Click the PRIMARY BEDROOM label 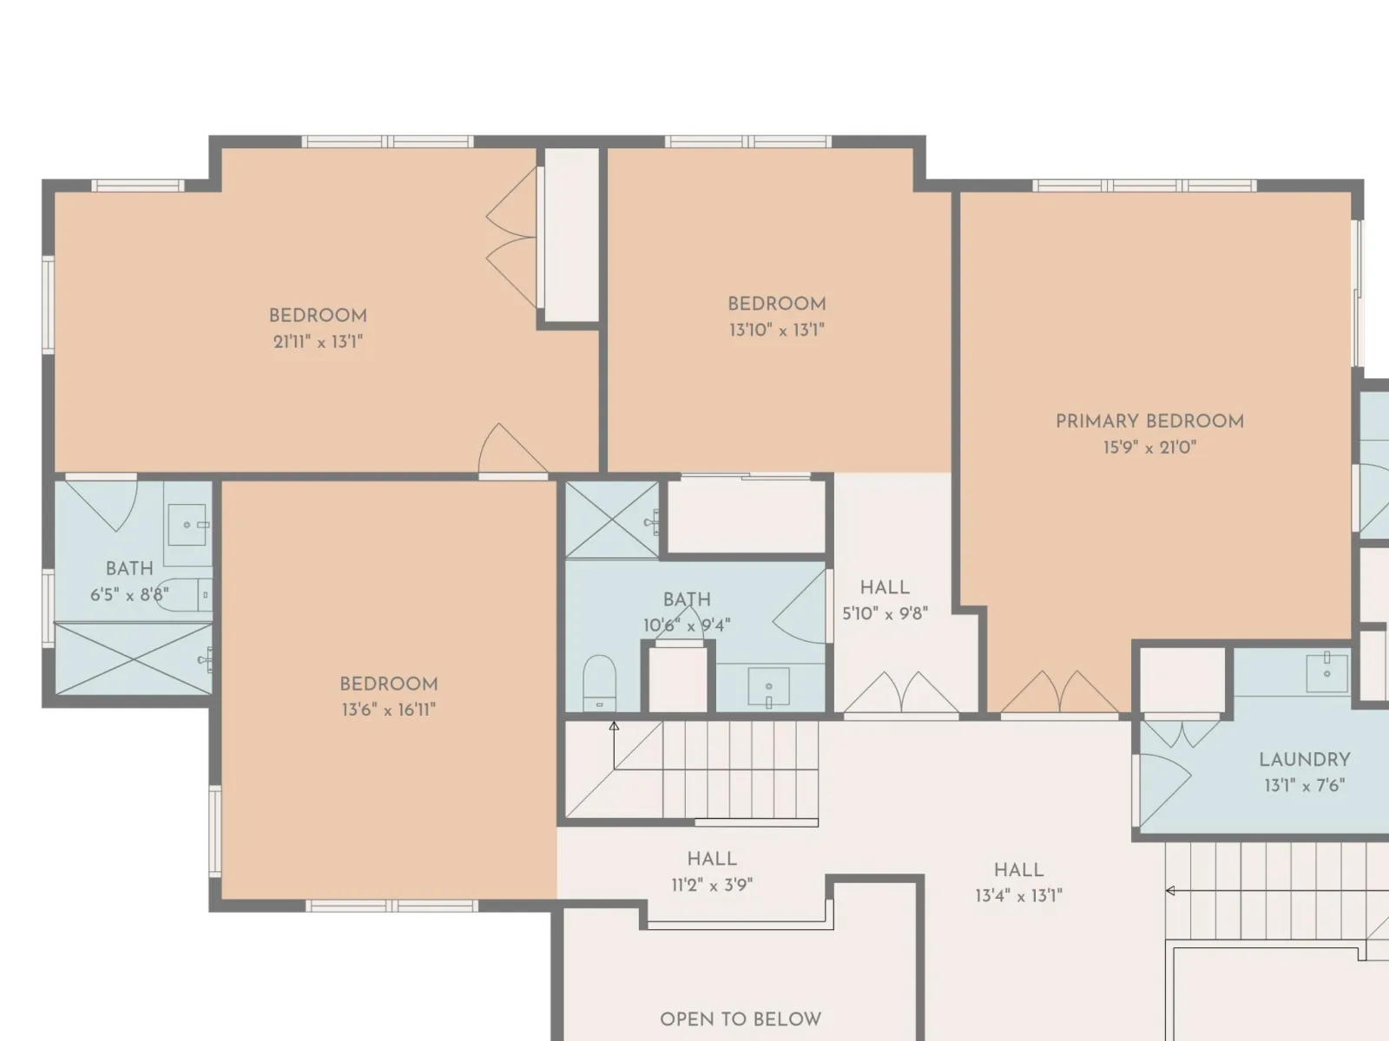[x=1149, y=422]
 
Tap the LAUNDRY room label [x=1304, y=760]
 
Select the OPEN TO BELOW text [x=741, y=1019]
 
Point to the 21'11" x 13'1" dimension [x=319, y=342]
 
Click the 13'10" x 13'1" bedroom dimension [x=777, y=330]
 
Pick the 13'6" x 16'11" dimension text [x=389, y=710]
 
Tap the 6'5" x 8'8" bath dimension [x=129, y=595]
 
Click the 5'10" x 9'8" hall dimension [x=885, y=613]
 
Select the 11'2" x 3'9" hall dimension [x=712, y=885]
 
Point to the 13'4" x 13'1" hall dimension [x=1019, y=895]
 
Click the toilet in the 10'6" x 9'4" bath [x=599, y=684]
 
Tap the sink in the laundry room [x=1326, y=671]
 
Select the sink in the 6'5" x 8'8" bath [x=187, y=525]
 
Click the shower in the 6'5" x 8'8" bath [x=134, y=658]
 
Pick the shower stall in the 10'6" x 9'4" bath [x=612, y=520]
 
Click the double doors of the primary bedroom [x=1059, y=693]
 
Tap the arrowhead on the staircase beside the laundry [x=1170, y=891]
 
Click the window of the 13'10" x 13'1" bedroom [x=747, y=141]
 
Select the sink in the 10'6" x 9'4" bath [x=768, y=686]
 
